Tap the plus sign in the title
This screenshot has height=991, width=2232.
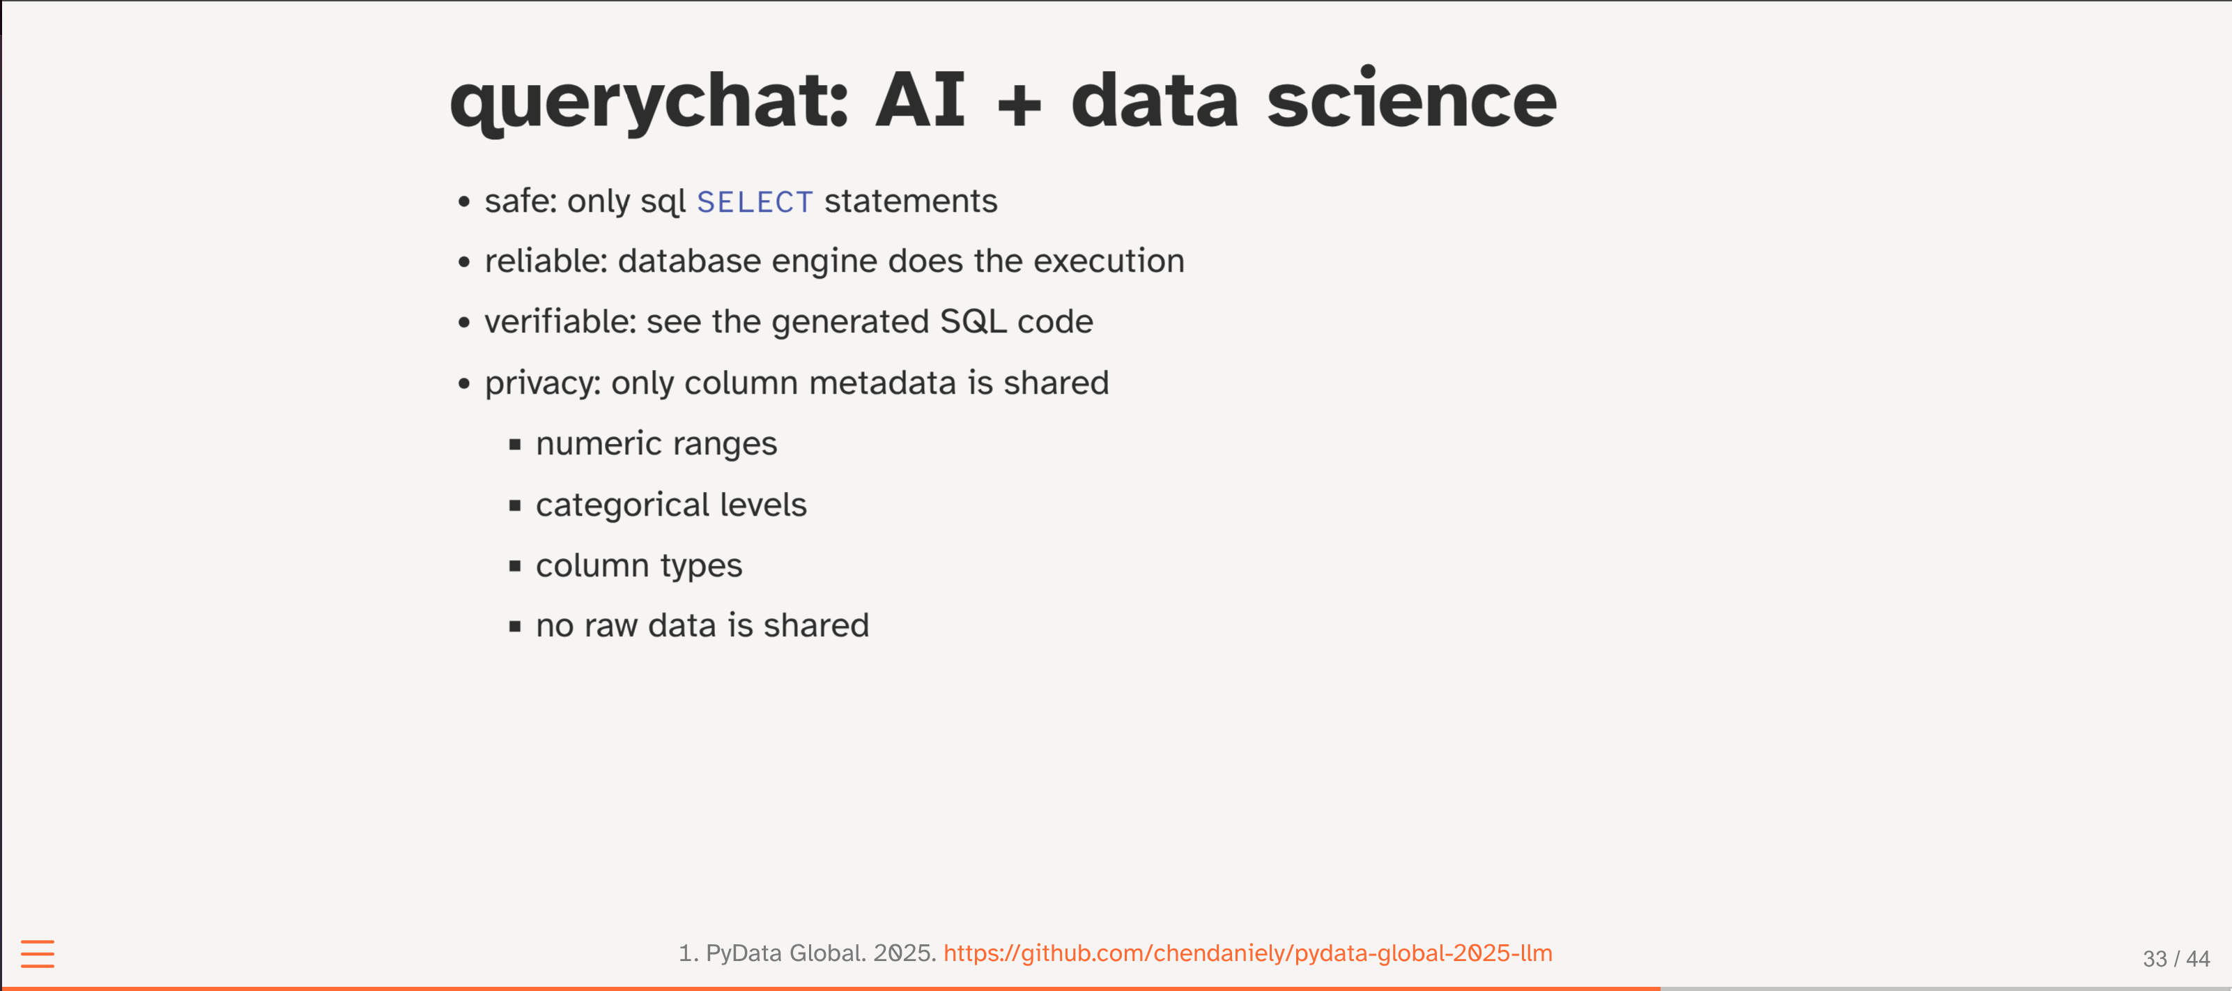[x=1019, y=106]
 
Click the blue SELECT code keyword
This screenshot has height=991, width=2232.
[x=755, y=202]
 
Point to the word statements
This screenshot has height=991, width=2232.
[x=911, y=201]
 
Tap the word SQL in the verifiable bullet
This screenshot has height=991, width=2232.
[x=973, y=321]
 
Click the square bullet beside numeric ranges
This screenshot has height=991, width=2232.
[x=516, y=445]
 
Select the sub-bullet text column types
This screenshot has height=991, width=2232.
[x=638, y=566]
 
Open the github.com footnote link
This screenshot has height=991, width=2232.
[x=1247, y=953]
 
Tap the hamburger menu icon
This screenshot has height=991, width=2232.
[x=37, y=954]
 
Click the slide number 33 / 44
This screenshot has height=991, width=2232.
[x=2176, y=959]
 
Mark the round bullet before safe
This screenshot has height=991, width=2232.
[x=464, y=202]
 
